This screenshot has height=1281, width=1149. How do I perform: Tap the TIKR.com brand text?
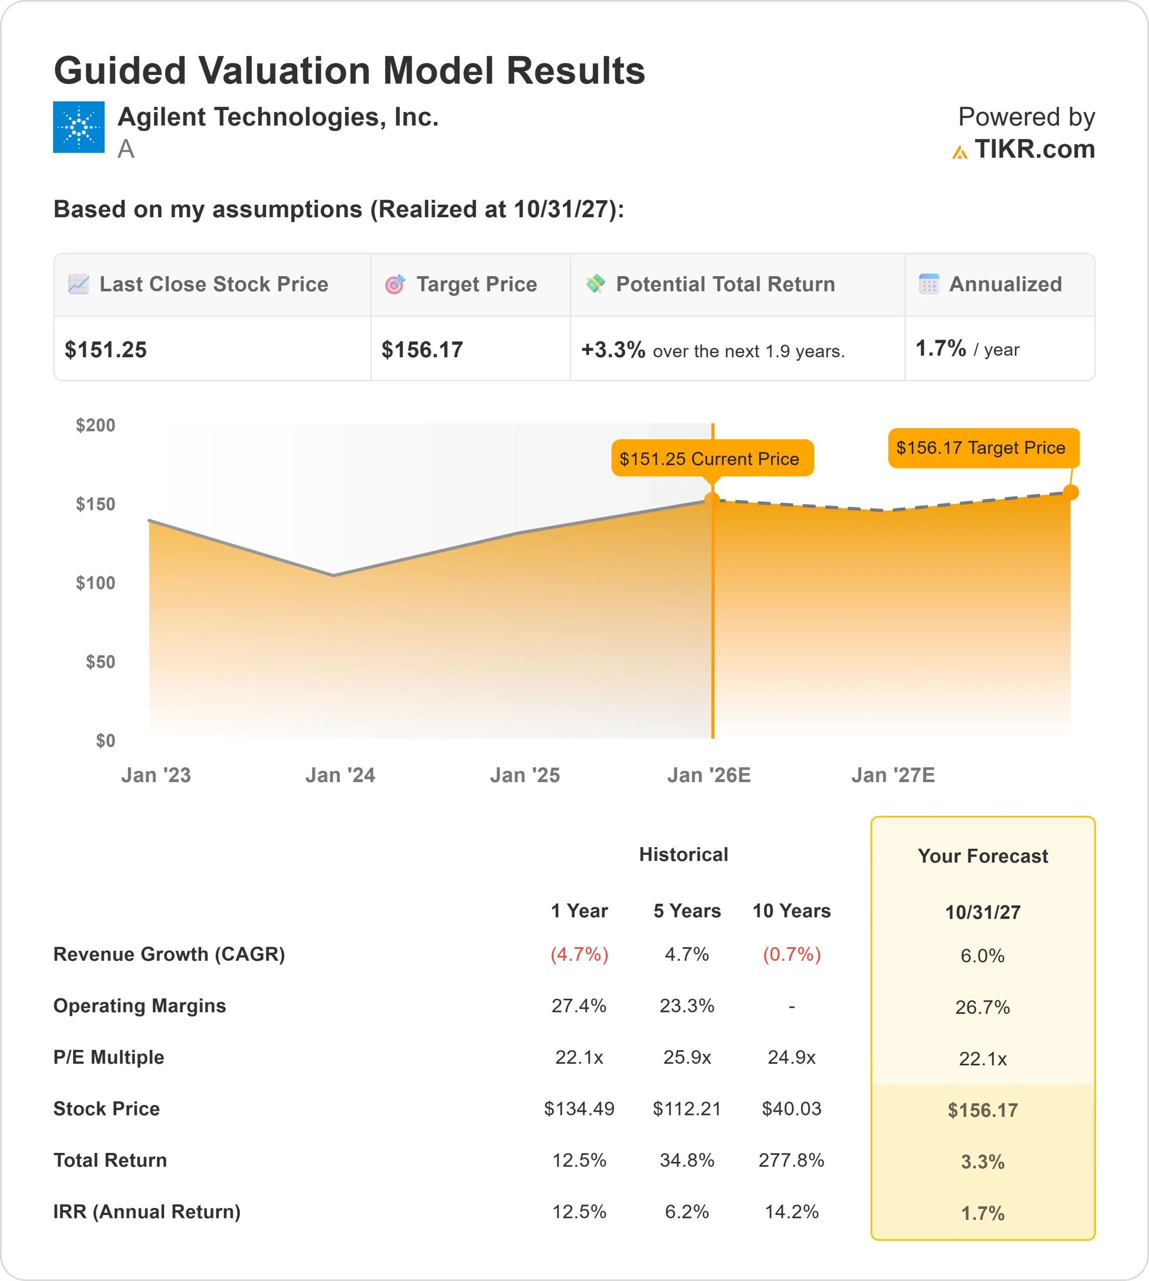(x=1034, y=150)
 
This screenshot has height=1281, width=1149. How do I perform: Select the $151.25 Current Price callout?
(x=712, y=458)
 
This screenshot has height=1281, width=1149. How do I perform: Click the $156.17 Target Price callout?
(x=983, y=448)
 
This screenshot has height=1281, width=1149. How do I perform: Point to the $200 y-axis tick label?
(x=95, y=425)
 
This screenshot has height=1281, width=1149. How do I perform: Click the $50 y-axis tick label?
(x=101, y=662)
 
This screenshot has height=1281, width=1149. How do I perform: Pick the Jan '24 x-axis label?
(x=340, y=775)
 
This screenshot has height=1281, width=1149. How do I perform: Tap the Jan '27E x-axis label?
(x=893, y=775)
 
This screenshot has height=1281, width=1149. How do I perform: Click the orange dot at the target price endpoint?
(x=1070, y=492)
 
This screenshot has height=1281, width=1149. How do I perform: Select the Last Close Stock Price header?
(x=213, y=285)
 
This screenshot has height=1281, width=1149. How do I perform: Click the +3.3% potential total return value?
(x=613, y=350)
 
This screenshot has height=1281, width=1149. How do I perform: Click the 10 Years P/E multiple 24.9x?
(x=791, y=1057)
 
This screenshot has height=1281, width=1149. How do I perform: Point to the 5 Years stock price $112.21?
(x=687, y=1109)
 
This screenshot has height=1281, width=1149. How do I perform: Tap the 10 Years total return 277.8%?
(x=791, y=1160)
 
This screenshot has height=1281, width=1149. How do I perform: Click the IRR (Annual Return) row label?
(x=147, y=1211)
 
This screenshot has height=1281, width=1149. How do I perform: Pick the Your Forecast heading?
(x=982, y=856)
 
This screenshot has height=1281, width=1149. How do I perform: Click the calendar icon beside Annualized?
(x=929, y=284)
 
